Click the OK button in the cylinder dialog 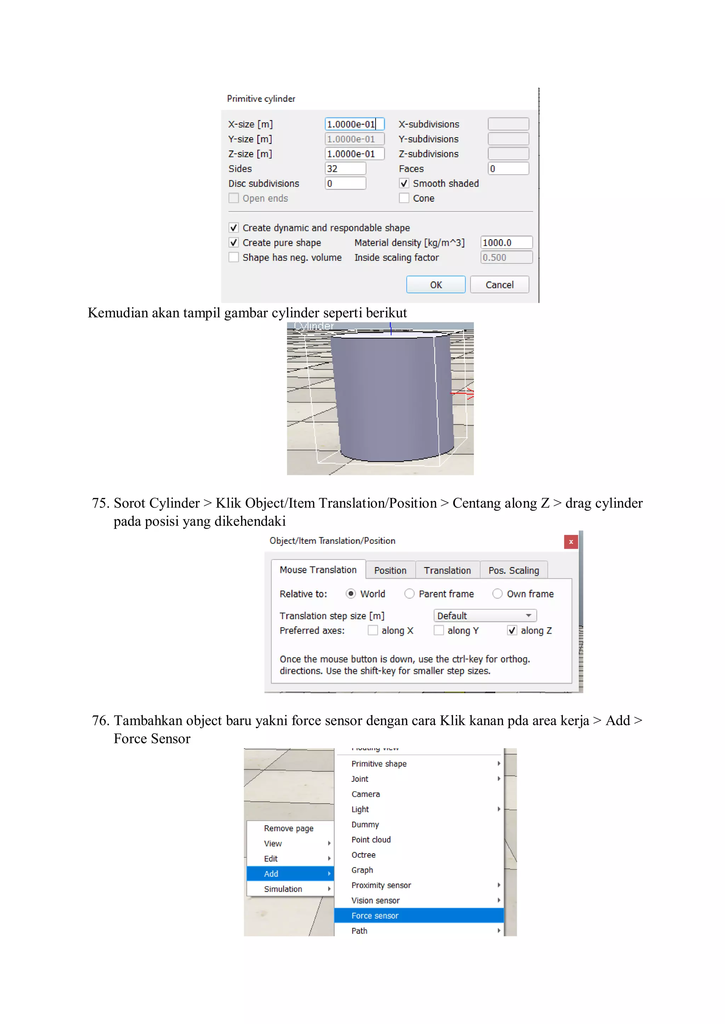pos(435,285)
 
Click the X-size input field pos(354,124)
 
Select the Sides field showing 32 pos(345,169)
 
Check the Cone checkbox pos(404,198)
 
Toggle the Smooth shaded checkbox pos(404,183)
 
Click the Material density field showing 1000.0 pos(506,243)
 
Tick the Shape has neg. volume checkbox pos(234,257)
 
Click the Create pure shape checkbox pos(234,243)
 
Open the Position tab pos(390,570)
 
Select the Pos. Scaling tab pos(513,570)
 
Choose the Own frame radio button pos(497,594)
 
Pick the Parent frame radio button pos(409,594)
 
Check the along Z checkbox pos(512,630)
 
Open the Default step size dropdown pos(485,616)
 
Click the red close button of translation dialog pos(571,542)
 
